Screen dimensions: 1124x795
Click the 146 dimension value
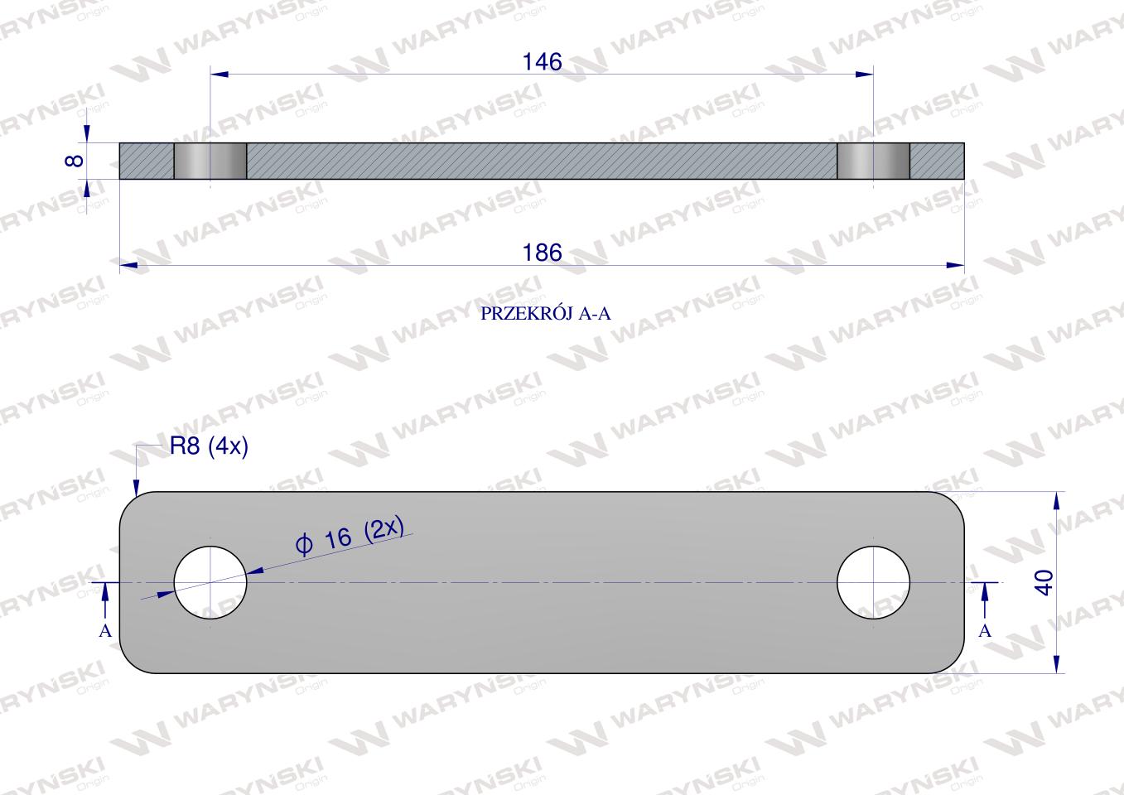[x=542, y=62]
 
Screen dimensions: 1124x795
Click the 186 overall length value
[x=542, y=253]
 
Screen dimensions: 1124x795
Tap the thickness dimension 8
[x=75, y=161]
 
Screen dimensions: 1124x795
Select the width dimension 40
[x=1044, y=582]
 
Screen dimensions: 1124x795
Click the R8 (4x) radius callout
[x=209, y=446]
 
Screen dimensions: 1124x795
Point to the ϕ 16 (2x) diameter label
[x=350, y=536]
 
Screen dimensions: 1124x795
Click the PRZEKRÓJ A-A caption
[x=546, y=314]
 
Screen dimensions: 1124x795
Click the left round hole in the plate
[x=210, y=582]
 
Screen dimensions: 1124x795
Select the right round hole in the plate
[x=874, y=582]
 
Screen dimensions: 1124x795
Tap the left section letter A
[x=105, y=630]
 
